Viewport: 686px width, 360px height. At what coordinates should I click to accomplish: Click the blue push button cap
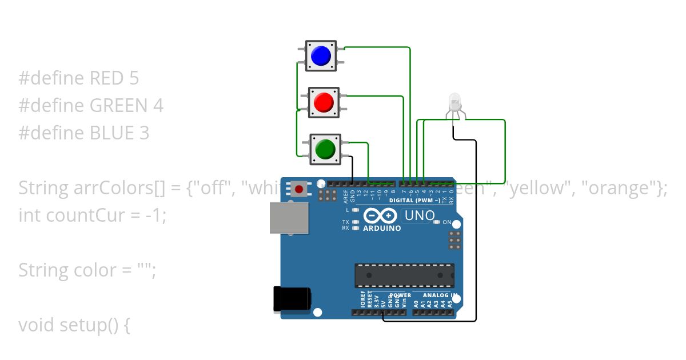(321, 55)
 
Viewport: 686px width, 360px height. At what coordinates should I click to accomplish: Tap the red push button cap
(324, 103)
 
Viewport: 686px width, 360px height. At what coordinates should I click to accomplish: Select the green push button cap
(325, 149)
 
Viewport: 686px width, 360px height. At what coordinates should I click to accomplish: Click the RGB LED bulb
(455, 102)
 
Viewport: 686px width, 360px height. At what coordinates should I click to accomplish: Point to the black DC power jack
(292, 299)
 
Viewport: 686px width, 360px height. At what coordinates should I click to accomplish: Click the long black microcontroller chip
(404, 275)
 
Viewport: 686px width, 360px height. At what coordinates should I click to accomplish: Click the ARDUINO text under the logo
(382, 228)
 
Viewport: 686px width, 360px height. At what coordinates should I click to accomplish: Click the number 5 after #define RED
(134, 78)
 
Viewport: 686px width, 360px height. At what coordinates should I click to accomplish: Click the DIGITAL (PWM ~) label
(414, 201)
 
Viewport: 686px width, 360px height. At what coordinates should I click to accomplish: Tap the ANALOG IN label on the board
(439, 295)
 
